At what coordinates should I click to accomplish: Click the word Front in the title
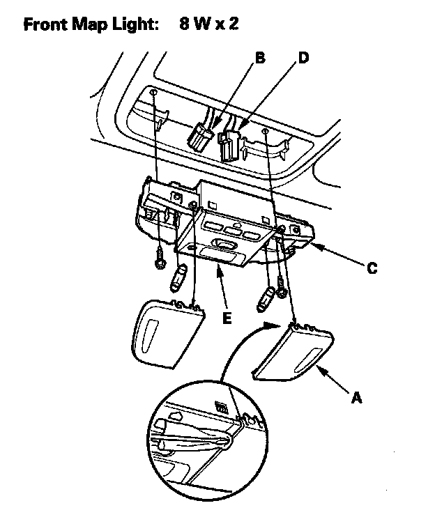(x=47, y=26)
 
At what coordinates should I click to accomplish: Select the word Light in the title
(x=135, y=26)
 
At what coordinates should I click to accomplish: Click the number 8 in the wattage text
(x=183, y=26)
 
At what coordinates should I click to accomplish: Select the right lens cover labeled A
(x=294, y=353)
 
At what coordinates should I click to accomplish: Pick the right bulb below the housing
(x=266, y=298)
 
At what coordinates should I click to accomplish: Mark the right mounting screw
(x=282, y=286)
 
